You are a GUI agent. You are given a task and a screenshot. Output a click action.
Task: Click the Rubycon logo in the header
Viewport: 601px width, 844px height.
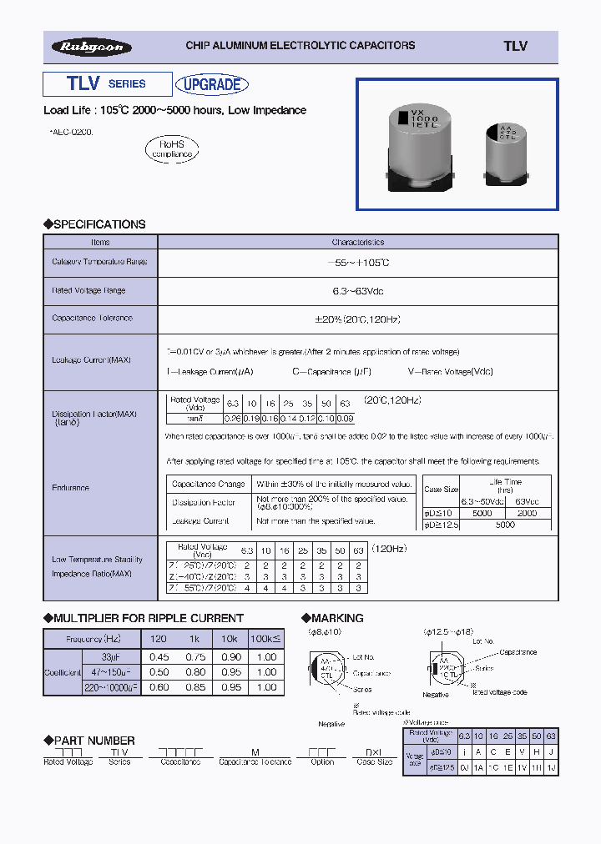pyautogui.click(x=91, y=48)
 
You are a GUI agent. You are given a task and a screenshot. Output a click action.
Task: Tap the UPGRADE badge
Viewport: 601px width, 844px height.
pyautogui.click(x=213, y=84)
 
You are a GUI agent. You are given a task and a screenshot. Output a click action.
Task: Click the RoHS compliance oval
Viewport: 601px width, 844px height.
pyautogui.click(x=172, y=149)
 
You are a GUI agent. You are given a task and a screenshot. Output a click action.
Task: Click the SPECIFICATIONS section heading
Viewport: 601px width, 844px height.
pyautogui.click(x=94, y=224)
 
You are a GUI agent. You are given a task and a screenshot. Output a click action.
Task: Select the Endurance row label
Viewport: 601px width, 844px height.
pyautogui.click(x=70, y=488)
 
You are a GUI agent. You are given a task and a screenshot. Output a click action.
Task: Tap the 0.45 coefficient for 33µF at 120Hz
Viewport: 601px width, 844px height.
pyautogui.click(x=158, y=656)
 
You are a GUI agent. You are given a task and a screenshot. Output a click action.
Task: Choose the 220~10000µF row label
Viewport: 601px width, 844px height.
pyautogui.click(x=112, y=686)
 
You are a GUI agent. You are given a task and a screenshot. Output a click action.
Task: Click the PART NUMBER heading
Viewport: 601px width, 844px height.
pyautogui.click(x=89, y=741)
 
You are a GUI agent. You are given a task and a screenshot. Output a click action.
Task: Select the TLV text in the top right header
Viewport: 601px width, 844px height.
pyautogui.click(x=515, y=47)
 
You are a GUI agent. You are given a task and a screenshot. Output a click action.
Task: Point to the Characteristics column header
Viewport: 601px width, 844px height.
pyautogui.click(x=357, y=242)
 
